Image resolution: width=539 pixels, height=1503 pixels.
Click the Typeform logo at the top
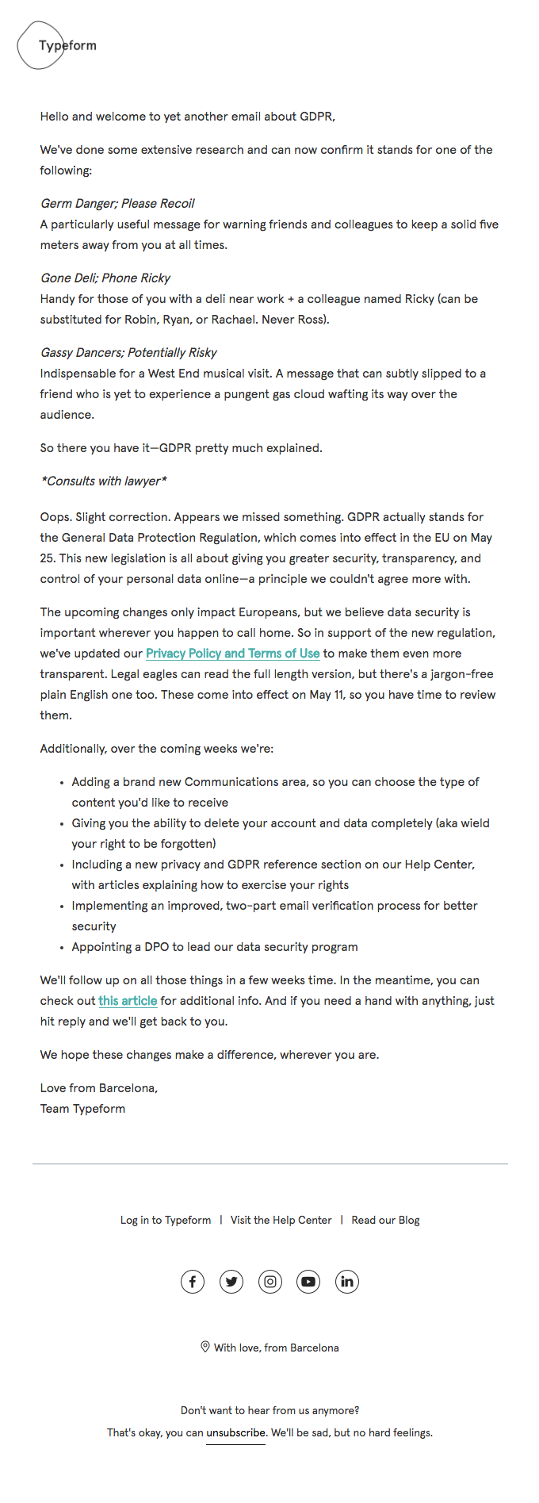[x=57, y=45]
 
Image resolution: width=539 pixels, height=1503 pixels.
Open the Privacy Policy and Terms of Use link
[x=232, y=654]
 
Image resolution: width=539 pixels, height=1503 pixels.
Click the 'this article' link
[x=128, y=1001]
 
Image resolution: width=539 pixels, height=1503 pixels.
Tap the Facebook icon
[x=193, y=1282]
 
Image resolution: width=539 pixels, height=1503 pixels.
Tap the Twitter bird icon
[x=231, y=1282]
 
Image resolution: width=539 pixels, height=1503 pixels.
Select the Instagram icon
[x=270, y=1282]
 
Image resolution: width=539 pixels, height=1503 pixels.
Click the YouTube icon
[x=308, y=1282]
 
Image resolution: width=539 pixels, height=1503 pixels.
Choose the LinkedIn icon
[x=347, y=1282]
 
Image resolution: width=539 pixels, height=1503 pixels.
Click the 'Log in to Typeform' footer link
[x=166, y=1220]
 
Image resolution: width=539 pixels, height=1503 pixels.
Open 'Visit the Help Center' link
[x=281, y=1220]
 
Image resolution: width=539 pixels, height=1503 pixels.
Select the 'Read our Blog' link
[x=385, y=1220]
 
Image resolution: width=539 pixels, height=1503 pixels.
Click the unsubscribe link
[x=235, y=1432]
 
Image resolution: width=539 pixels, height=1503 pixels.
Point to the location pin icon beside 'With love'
[x=205, y=1347]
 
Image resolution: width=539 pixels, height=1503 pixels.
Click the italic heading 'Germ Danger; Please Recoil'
[x=117, y=203]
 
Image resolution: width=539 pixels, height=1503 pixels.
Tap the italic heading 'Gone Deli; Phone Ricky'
[x=105, y=278]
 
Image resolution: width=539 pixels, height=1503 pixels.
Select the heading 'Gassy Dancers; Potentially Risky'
[x=128, y=352]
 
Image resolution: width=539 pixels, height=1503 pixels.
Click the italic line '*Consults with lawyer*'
[x=104, y=481]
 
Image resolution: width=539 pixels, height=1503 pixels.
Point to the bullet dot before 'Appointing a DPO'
[x=62, y=947]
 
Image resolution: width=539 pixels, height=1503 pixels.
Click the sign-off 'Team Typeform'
[x=82, y=1109]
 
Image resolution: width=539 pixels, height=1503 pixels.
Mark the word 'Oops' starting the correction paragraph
[x=55, y=517]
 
